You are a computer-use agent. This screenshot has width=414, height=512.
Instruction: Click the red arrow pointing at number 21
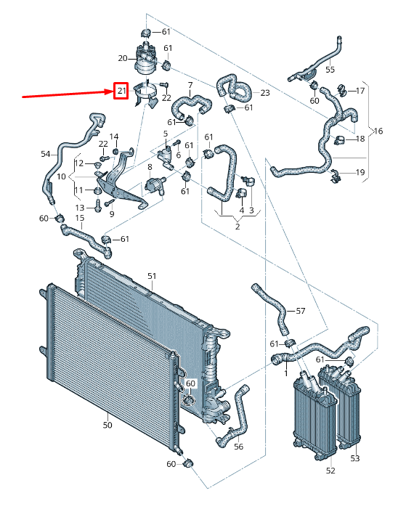coord(65,94)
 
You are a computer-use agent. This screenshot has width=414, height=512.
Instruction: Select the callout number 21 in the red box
coord(121,92)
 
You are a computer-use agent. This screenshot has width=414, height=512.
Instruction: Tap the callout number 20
coord(122,58)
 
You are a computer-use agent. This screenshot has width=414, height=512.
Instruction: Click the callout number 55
coord(330,70)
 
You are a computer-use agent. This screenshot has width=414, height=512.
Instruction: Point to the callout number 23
coord(264,93)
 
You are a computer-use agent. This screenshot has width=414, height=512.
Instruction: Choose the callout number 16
coord(378,131)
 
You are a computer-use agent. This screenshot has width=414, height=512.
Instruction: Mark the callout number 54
coord(46,154)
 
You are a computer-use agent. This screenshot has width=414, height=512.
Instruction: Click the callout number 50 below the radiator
coord(107,425)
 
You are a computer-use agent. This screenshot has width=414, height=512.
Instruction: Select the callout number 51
coord(152,276)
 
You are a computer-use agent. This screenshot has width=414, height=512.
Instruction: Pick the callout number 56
coord(239,447)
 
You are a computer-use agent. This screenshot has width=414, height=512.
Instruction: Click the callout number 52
coord(330,471)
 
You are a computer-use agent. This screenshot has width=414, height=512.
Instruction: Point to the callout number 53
coord(355,458)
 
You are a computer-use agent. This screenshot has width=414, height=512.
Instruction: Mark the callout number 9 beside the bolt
coord(112,214)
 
